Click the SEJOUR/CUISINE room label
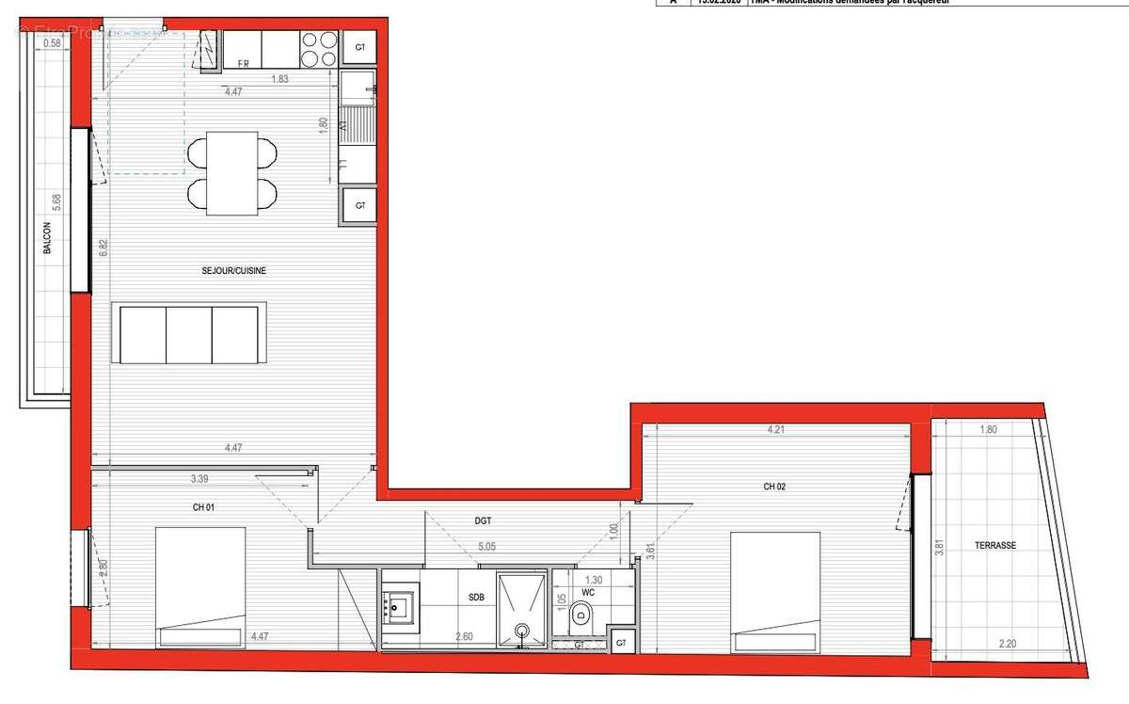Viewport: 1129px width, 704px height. tap(234, 271)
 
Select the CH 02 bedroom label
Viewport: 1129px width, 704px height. tap(774, 487)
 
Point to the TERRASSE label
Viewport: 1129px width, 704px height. tap(995, 546)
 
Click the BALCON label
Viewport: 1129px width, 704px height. tap(47, 246)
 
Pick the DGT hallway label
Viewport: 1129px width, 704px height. tap(484, 520)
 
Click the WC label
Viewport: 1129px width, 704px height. tap(588, 593)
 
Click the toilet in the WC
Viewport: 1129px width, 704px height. tap(580, 616)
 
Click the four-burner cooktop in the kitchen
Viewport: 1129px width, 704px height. tap(318, 49)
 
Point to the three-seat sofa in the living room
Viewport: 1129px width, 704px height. tap(188, 332)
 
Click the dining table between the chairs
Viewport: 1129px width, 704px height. tap(231, 173)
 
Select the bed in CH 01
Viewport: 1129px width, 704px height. tap(200, 586)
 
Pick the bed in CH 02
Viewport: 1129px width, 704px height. tap(776, 591)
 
